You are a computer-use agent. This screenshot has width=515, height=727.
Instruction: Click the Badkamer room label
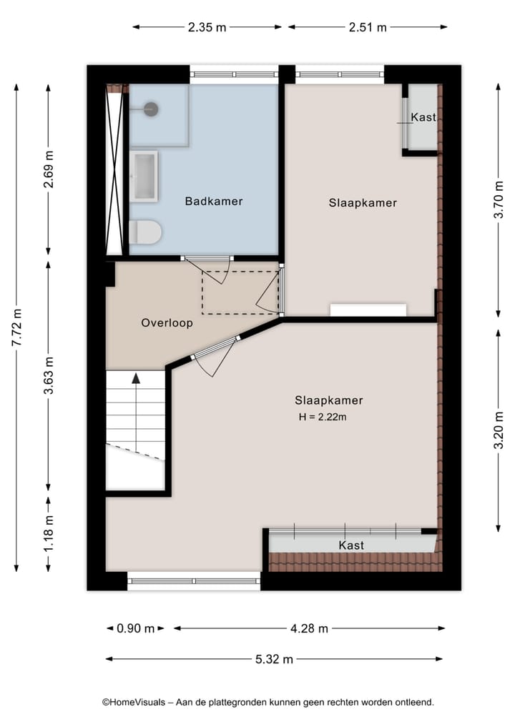[213, 202]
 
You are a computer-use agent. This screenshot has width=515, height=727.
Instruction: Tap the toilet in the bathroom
[145, 232]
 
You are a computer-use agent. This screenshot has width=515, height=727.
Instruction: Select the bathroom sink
[143, 175]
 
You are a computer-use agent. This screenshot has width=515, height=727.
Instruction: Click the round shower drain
[151, 109]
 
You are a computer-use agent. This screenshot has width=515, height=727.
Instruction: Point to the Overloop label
[167, 322]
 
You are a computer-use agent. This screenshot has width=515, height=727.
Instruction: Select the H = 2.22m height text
[323, 417]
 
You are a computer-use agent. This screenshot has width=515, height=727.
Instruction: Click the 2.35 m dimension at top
[207, 28]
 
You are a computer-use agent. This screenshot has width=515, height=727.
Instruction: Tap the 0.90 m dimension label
[135, 629]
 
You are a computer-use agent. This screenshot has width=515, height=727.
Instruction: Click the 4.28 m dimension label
[309, 629]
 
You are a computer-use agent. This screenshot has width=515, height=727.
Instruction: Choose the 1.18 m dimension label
[49, 534]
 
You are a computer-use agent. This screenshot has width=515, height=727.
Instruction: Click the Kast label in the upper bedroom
[423, 117]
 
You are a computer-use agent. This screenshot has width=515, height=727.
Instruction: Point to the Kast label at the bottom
[351, 545]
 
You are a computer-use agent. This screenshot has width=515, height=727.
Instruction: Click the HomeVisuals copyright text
[268, 703]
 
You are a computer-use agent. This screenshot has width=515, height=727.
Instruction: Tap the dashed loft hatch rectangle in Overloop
[240, 292]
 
